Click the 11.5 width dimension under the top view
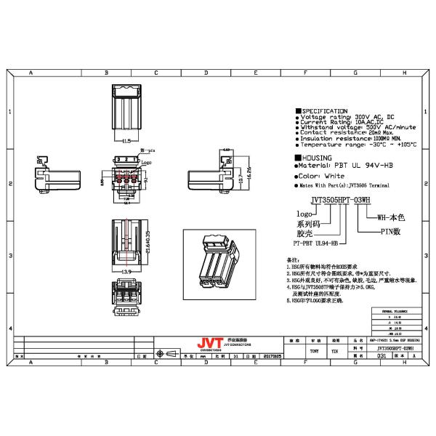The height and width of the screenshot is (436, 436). tap(126, 140)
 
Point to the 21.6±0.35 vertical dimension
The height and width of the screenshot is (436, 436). tap(148, 243)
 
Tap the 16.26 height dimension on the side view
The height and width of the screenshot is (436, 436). tap(249, 173)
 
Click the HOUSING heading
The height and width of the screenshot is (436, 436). tap(317, 157)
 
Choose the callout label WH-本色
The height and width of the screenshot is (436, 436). tap(393, 217)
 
